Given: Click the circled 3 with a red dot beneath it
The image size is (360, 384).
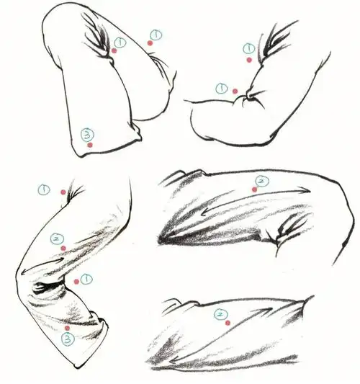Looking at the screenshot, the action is point(87,135).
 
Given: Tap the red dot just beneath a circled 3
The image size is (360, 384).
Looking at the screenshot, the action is point(90,145).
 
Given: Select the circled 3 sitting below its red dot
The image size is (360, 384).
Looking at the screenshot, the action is point(68,339).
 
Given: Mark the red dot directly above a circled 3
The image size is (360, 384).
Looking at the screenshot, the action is point(67,328).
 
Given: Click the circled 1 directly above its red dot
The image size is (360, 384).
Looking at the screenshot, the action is point(249,48).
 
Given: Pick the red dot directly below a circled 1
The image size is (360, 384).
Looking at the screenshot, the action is point(249,60).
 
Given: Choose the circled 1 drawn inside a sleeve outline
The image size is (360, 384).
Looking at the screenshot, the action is point(120,43).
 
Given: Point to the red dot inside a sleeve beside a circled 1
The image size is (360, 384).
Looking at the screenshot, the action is point(114,50).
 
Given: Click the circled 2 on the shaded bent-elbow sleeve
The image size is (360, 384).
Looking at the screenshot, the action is point(57,239).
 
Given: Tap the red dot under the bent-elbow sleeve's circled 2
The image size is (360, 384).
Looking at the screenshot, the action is point(63,249).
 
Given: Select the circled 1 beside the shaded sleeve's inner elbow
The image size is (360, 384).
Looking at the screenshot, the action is point(86,280).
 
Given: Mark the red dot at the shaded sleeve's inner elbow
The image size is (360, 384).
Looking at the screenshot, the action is point(76,282).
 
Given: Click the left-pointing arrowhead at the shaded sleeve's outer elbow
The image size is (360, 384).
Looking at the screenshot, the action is point(24,272).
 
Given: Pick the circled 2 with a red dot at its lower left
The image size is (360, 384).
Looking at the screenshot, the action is point(262,181).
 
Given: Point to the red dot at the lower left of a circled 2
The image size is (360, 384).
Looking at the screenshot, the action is point(255,189).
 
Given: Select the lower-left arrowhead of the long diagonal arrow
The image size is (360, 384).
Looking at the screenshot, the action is point(174,360).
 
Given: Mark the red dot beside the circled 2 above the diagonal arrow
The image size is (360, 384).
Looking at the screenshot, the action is point(228,323).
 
